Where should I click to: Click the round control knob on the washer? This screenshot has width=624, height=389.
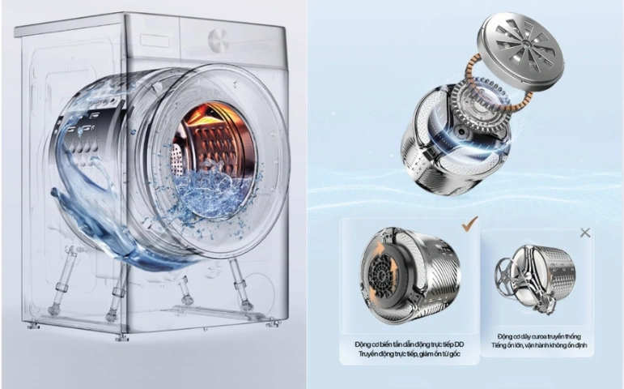218,41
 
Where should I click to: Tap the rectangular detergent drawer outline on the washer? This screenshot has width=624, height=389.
154,41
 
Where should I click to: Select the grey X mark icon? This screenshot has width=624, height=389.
585,233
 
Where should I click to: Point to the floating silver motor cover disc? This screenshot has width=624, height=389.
520,50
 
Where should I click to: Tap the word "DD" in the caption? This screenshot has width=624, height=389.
459,344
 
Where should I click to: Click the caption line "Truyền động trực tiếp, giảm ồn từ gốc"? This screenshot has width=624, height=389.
409,354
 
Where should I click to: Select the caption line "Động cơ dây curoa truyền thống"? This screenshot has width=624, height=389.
539,336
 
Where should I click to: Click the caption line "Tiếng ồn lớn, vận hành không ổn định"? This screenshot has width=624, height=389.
539,345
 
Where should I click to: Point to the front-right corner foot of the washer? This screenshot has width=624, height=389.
273,324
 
